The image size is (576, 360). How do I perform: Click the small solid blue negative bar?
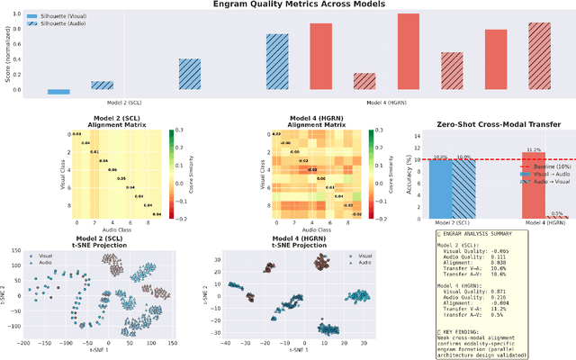[58, 92]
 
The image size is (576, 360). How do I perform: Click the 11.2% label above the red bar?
[532, 149]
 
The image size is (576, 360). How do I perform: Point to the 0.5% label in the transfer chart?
[557, 213]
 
